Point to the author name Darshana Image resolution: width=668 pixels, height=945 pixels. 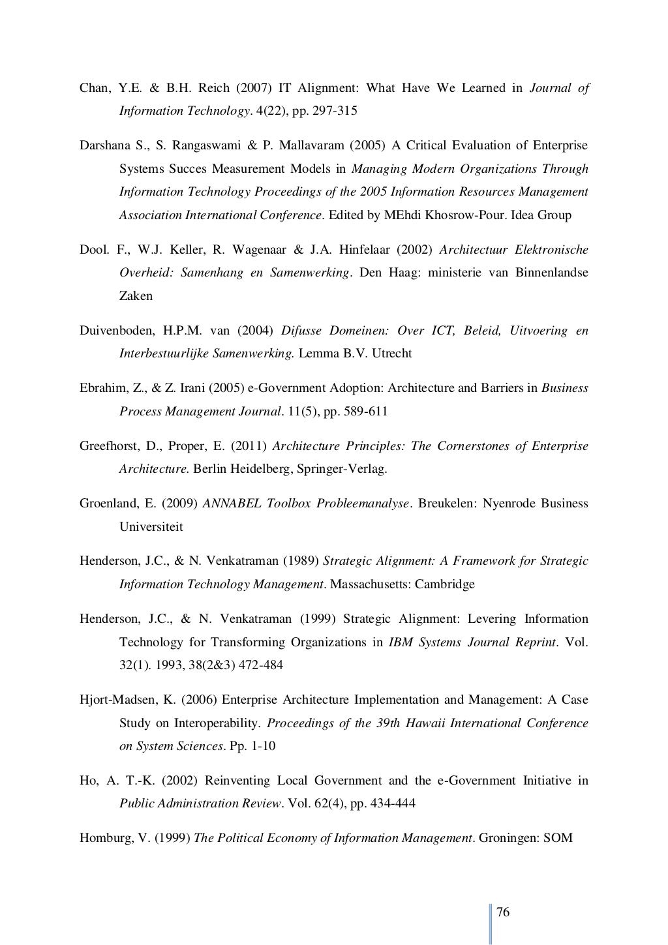pyautogui.click(x=104, y=145)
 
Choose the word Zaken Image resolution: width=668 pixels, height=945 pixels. pyautogui.click(x=136, y=296)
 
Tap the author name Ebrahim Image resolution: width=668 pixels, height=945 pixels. pyautogui.click(x=100, y=389)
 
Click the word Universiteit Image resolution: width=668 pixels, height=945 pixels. pyautogui.click(x=151, y=526)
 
